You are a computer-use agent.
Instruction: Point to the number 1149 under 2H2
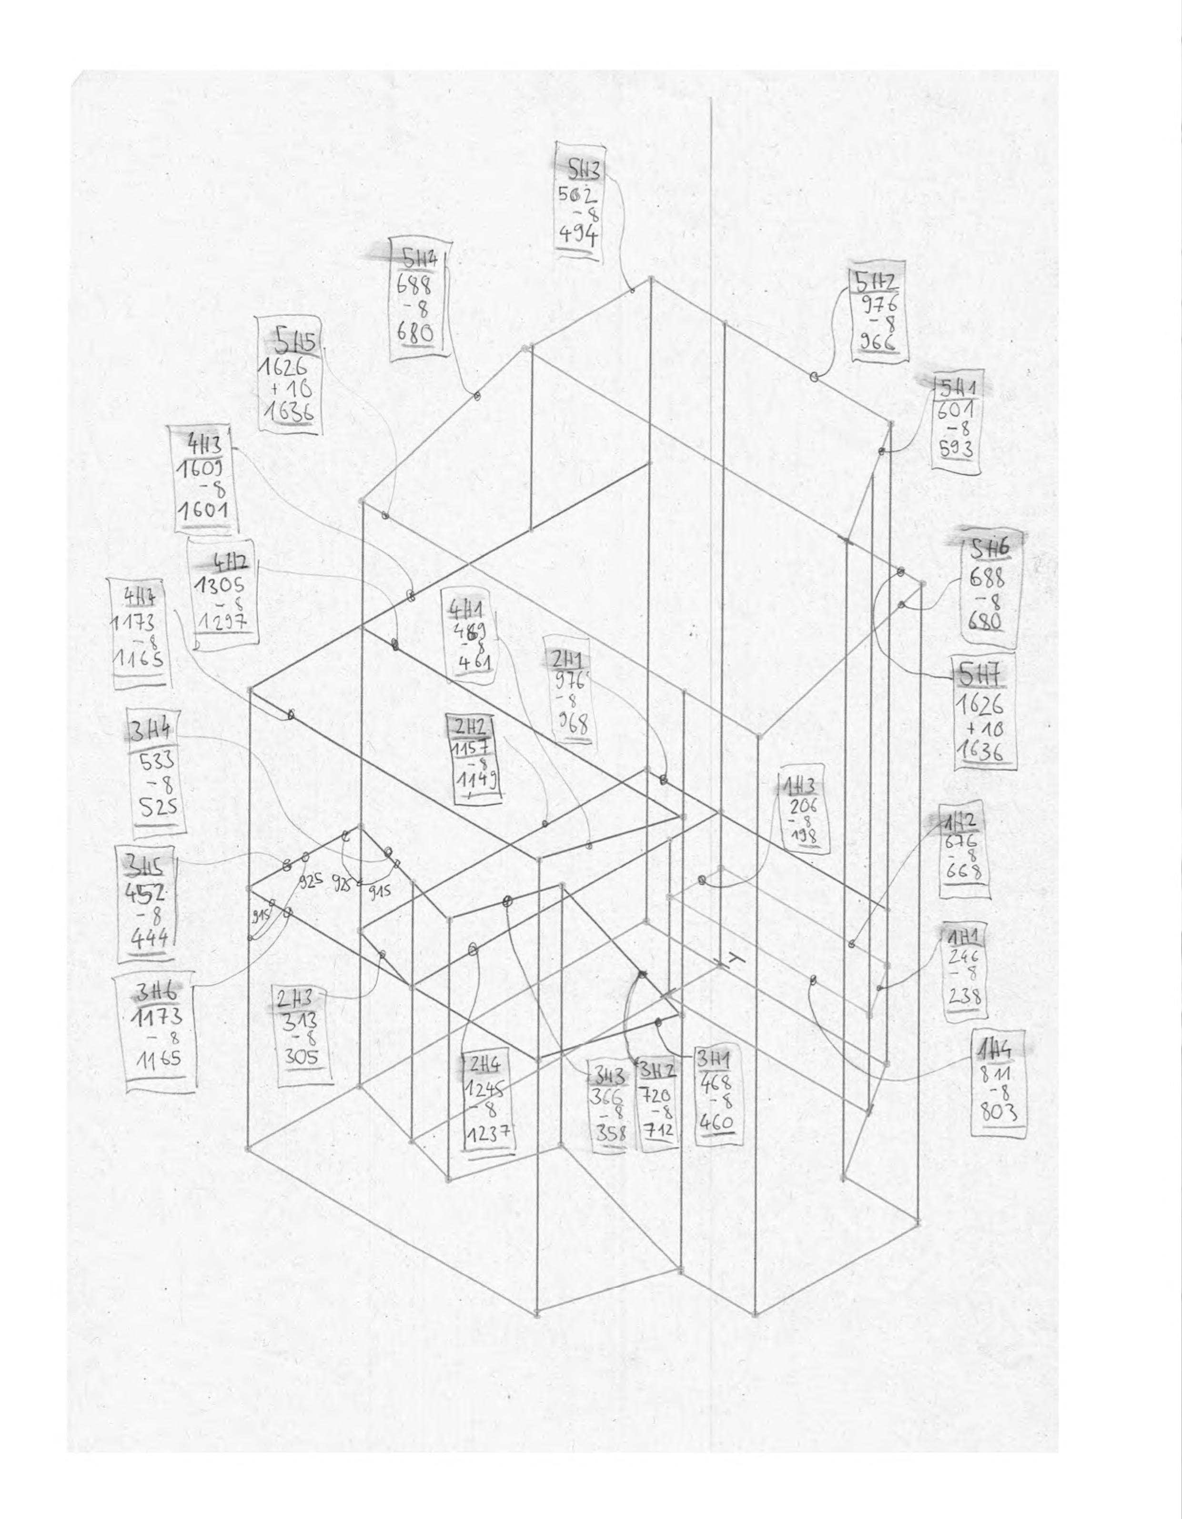[474, 786]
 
